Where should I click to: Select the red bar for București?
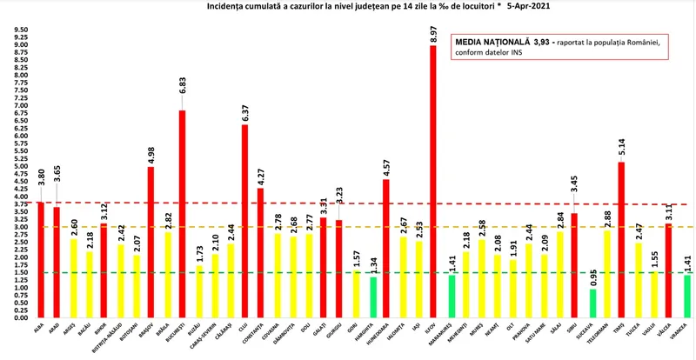[183, 213]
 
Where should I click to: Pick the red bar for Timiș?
[620, 239]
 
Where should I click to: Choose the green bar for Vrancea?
[687, 296]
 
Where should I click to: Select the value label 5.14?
[620, 148]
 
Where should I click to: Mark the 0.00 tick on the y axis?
[18, 317]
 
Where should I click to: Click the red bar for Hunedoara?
[385, 248]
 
